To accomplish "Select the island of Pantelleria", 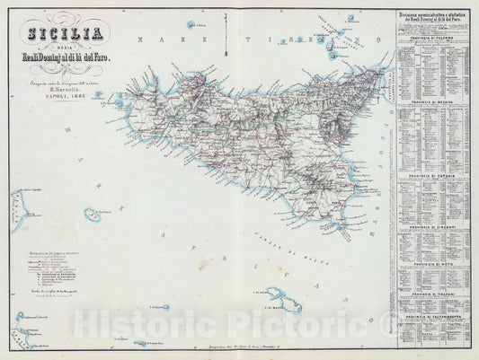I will coord(91,215).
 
